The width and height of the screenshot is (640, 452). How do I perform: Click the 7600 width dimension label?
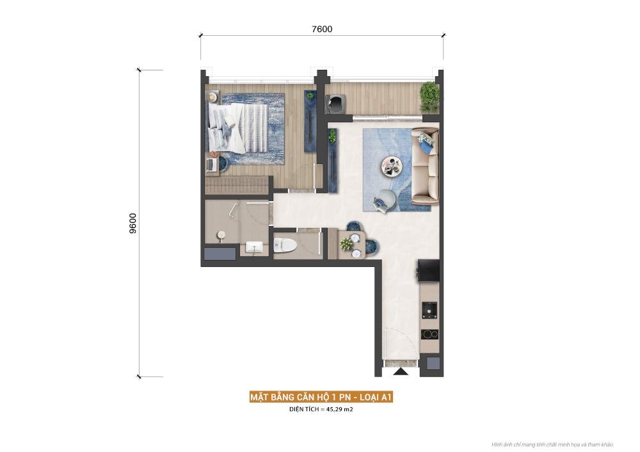(322, 29)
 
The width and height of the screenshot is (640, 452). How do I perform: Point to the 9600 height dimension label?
(132, 223)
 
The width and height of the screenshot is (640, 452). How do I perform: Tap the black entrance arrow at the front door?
(401, 371)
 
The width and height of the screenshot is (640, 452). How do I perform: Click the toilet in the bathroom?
(285, 245)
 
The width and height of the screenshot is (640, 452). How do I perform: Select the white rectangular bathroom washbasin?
(254, 246)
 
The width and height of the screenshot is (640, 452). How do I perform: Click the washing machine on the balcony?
(335, 104)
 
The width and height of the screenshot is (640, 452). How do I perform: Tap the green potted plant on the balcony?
(429, 97)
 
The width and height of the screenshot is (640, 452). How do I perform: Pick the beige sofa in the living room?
(426, 166)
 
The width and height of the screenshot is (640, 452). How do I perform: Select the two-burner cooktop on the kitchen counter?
(429, 334)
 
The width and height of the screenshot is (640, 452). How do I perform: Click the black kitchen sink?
(429, 310)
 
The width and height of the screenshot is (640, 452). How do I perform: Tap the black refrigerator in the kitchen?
(428, 270)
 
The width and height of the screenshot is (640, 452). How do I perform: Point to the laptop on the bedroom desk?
(211, 164)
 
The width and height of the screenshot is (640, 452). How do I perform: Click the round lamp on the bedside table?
(212, 97)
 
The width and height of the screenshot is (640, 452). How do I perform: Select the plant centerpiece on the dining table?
(346, 244)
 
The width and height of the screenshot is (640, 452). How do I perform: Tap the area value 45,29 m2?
(340, 409)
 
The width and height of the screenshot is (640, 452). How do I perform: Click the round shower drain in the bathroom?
(221, 235)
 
